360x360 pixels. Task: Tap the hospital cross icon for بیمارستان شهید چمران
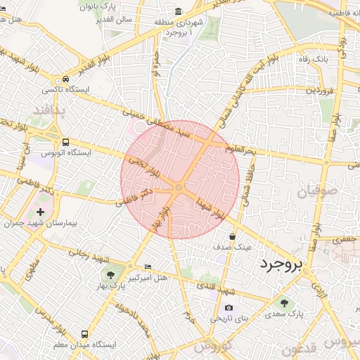39,212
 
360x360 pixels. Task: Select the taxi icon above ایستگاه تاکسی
65,79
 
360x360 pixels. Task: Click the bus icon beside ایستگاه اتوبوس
65,141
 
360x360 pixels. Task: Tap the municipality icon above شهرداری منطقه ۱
179,11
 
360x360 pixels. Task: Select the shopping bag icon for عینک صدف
232,236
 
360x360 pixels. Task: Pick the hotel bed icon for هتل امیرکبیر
148,267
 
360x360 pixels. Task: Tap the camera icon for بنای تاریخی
229,307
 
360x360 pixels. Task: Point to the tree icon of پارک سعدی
284,303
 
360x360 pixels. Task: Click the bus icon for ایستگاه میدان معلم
85,334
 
